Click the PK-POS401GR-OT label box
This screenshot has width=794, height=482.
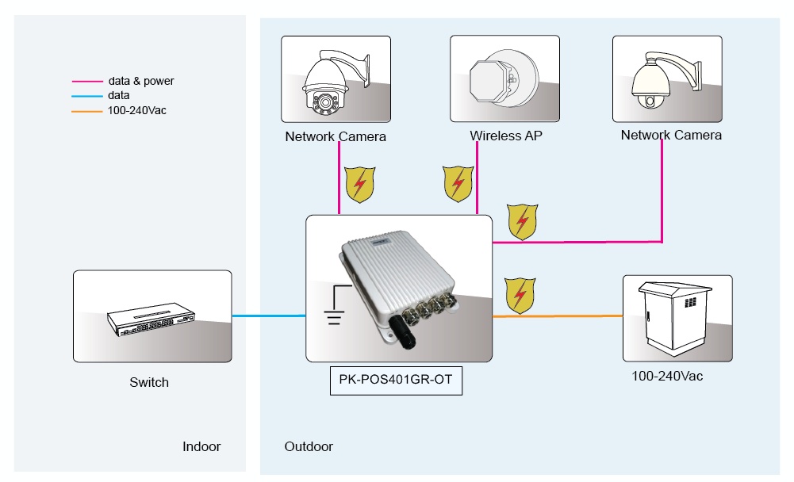395,380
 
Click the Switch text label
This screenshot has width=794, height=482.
149,382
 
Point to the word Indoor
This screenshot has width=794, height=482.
201,447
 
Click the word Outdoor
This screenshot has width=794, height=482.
309,447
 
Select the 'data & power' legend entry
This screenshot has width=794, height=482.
140,81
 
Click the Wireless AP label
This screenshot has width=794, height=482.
506,136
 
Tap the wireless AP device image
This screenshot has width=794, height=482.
505,78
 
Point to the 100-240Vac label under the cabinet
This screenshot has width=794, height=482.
667,376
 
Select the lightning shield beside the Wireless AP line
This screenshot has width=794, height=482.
458,184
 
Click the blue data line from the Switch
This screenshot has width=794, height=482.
269,316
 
